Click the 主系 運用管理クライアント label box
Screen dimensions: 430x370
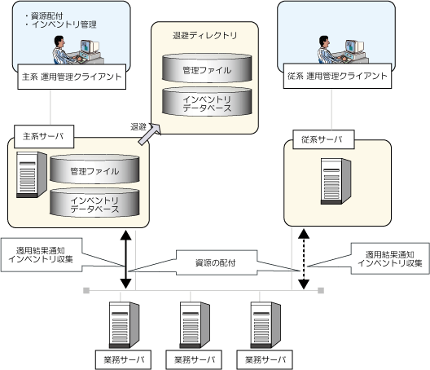(x=72, y=77)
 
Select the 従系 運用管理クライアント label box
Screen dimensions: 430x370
(x=337, y=76)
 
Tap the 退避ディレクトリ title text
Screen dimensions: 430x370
(x=205, y=35)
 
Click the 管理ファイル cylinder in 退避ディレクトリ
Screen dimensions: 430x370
(x=207, y=68)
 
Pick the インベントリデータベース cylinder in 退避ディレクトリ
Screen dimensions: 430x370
(x=207, y=102)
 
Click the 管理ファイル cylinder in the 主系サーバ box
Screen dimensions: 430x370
(x=94, y=170)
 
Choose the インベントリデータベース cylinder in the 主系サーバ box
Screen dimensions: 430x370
(x=94, y=203)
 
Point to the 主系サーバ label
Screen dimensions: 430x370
(x=44, y=136)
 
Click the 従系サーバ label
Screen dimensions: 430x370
(x=323, y=139)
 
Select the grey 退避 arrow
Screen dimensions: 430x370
(x=150, y=134)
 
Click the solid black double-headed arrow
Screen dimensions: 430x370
(x=126, y=259)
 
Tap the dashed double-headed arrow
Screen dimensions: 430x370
(x=304, y=259)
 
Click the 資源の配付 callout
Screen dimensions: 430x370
(x=217, y=262)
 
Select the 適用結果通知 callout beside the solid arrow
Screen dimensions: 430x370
(x=42, y=255)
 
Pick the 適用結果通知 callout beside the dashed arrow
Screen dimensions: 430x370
(x=390, y=258)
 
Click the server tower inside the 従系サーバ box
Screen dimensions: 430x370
(x=336, y=181)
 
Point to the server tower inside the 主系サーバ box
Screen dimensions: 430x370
(x=32, y=174)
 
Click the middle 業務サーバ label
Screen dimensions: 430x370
(x=194, y=359)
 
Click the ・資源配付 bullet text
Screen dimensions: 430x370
(x=44, y=15)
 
